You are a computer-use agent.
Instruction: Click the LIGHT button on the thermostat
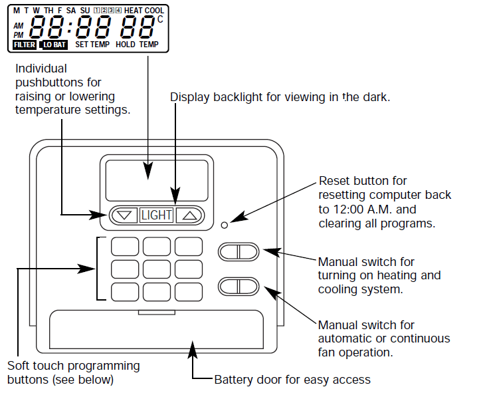coord(156,215)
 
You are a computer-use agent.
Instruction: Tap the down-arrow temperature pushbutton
coord(124,215)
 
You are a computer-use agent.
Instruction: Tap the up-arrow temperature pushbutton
coord(190,215)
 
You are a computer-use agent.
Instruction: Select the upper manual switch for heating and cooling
coord(238,251)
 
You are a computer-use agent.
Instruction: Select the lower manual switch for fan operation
coord(238,287)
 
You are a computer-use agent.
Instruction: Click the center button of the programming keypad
coord(157,269)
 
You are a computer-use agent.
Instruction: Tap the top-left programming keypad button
coord(124,247)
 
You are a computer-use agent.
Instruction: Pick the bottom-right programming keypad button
coord(189,292)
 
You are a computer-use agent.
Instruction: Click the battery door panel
coord(157,330)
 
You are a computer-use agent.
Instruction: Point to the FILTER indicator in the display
coord(25,45)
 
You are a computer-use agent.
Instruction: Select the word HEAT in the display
coord(133,11)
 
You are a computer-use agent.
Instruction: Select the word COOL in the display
coord(154,11)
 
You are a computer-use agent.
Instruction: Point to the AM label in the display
coord(18,25)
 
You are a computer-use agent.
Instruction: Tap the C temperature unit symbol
coord(159,19)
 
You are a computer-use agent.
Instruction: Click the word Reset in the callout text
coord(334,181)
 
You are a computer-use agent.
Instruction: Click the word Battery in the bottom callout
coord(233,380)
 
